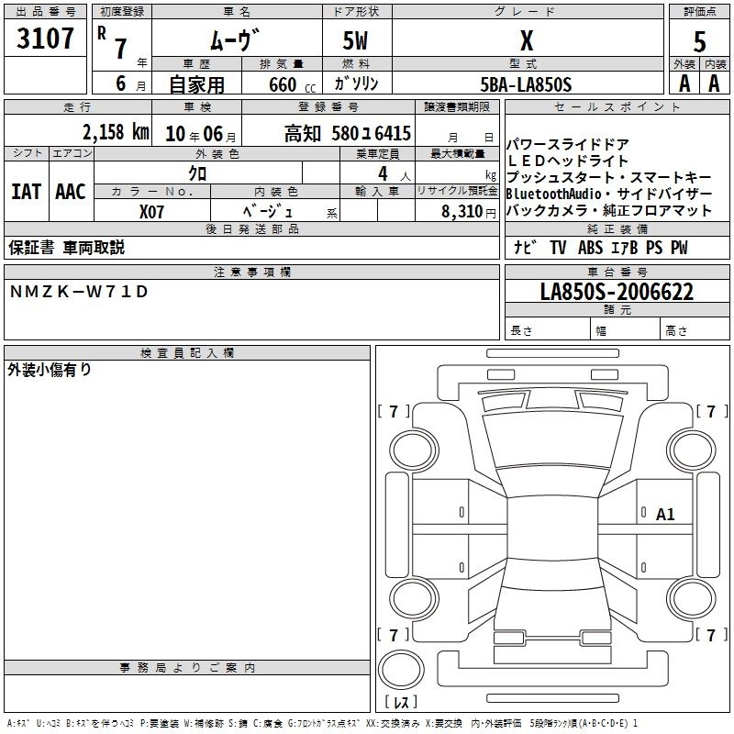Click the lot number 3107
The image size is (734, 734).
tap(45, 39)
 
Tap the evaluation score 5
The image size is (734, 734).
tap(700, 41)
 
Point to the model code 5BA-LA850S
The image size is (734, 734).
tap(526, 84)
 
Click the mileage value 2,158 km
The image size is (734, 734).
tap(115, 132)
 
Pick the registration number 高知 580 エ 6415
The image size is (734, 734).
tap(348, 133)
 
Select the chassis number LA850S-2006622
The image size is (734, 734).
tap(617, 293)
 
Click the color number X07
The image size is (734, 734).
tap(152, 210)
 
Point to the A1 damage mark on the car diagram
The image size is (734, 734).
tap(665, 515)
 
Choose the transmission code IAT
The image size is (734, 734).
tap(25, 192)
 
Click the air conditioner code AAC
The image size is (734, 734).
tap(70, 192)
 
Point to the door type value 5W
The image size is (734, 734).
tap(356, 40)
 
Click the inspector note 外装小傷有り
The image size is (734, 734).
tap(50, 370)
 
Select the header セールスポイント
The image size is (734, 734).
tap(618, 107)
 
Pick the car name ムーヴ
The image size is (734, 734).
tap(236, 40)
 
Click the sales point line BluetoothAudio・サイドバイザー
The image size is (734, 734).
tap(608, 194)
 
